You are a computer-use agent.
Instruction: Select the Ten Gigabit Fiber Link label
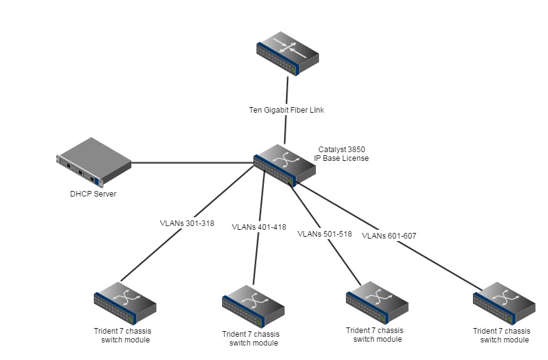coord(287,110)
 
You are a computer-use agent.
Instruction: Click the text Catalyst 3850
coord(342,150)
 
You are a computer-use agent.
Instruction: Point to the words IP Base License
coord(342,158)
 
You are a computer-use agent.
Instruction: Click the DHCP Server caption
coord(93,193)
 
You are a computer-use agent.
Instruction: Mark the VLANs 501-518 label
coord(324,234)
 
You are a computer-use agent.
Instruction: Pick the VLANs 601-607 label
coord(389,235)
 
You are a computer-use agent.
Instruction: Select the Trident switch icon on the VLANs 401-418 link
coord(253,306)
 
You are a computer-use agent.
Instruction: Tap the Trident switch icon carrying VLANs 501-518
coord(377,302)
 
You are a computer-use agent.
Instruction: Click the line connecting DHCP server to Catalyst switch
coord(194,163)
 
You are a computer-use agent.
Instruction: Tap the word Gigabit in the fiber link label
coord(280,110)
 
